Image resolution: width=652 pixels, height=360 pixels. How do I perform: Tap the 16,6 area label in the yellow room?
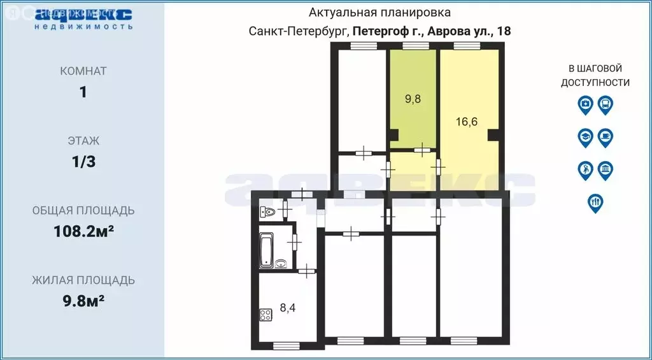(x=467, y=122)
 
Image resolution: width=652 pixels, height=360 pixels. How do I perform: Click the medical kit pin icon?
(x=585, y=104)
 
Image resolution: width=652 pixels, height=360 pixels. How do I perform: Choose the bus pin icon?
(x=605, y=104)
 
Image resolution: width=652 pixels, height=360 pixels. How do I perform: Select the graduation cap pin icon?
(x=585, y=137)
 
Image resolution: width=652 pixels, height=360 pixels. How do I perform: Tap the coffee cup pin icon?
(x=605, y=137)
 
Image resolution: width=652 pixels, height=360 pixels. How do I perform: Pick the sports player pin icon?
(x=585, y=170)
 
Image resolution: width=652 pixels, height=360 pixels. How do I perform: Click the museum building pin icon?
(x=605, y=170)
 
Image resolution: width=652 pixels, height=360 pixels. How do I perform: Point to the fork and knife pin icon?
(x=595, y=203)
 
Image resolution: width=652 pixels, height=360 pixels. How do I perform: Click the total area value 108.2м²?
(x=83, y=231)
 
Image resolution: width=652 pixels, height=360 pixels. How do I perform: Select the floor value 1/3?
(x=83, y=161)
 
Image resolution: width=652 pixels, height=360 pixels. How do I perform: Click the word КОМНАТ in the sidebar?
(x=83, y=71)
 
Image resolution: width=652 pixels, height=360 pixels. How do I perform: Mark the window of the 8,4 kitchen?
(x=285, y=346)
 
